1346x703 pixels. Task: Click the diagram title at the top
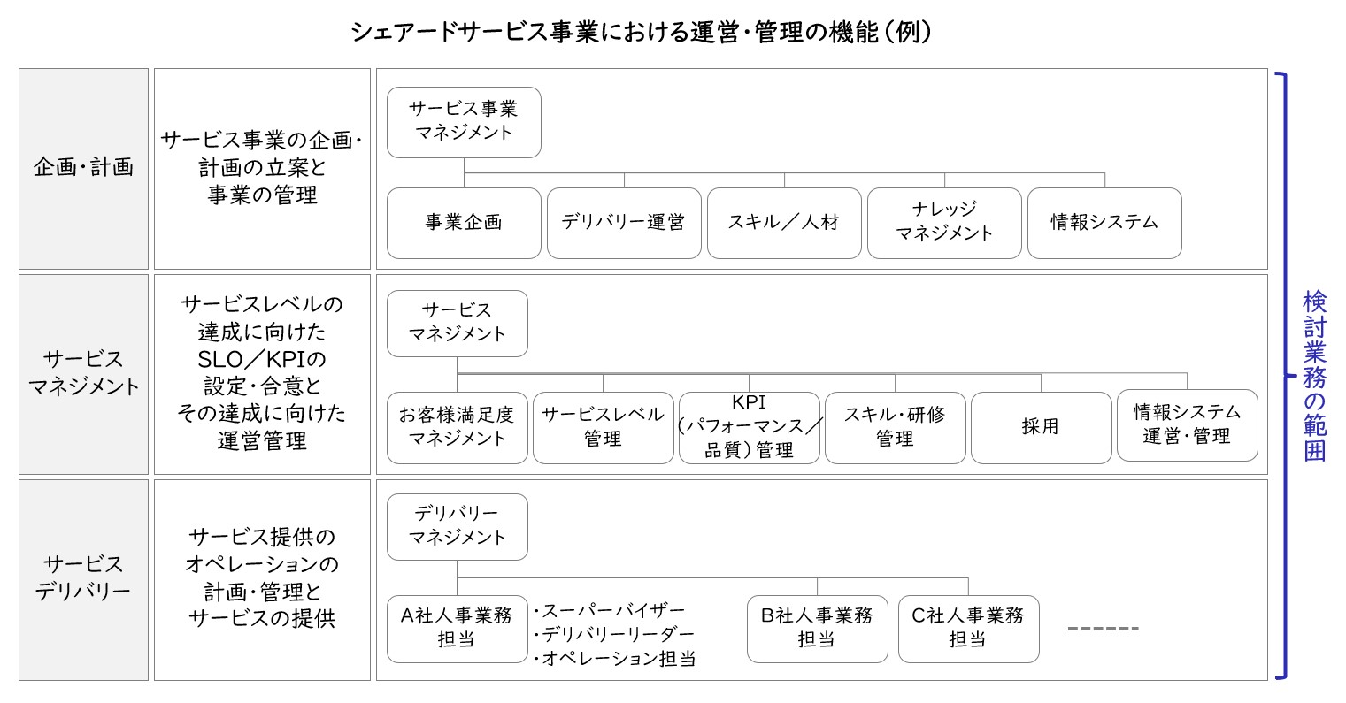pos(642,32)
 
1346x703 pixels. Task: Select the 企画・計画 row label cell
pos(83,169)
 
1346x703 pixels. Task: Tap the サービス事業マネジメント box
pos(464,122)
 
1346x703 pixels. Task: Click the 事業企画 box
pos(464,224)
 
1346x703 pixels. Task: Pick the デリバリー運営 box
pos(624,224)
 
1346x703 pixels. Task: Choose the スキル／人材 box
pos(784,224)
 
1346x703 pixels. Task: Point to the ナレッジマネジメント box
pos(944,224)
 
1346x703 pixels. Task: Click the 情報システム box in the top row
pos(1104,224)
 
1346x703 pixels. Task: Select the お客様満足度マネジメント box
pos(458,428)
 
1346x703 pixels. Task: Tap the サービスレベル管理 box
pos(604,428)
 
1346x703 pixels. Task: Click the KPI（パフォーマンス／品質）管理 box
pos(750,428)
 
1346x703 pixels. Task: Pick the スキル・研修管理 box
pos(896,428)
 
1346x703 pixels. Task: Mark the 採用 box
pos(1042,428)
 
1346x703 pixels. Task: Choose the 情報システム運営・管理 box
pos(1188,425)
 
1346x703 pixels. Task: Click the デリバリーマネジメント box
pos(458,527)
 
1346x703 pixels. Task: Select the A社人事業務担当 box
pos(458,629)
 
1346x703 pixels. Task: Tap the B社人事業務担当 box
pos(817,629)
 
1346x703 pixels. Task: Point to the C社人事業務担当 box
pos(969,629)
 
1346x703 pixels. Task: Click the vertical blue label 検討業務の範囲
pos(1315,376)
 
